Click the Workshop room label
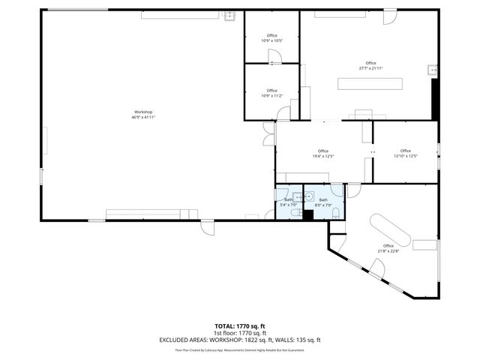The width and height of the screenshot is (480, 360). tap(142, 112)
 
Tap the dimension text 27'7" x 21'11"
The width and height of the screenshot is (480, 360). tap(370, 68)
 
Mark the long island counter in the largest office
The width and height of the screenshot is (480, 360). tap(370, 83)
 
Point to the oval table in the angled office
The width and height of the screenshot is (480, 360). tap(388, 228)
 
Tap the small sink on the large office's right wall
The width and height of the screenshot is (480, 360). tap(432, 70)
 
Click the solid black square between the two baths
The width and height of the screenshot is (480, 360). tap(307, 214)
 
